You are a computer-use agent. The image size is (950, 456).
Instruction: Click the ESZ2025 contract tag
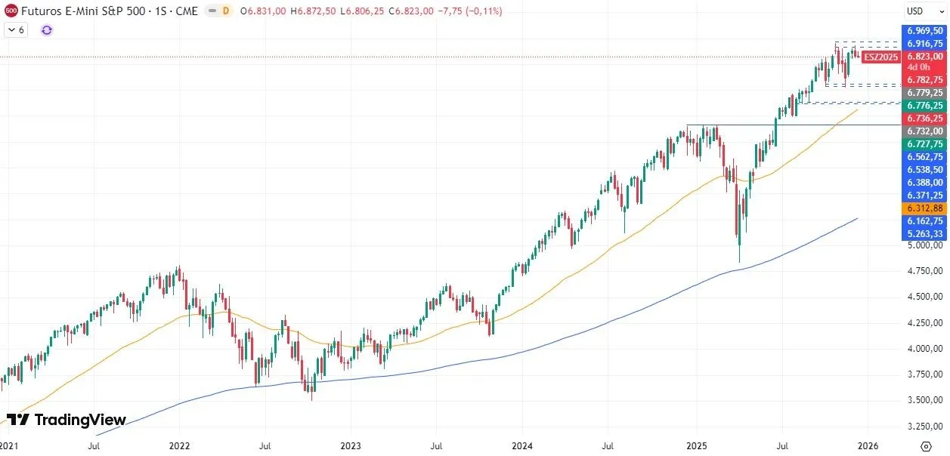coord(880,57)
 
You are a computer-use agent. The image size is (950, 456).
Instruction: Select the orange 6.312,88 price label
coord(925,208)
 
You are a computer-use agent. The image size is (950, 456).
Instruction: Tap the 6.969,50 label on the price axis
coord(925,31)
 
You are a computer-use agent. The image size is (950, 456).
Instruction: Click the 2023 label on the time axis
coord(350,445)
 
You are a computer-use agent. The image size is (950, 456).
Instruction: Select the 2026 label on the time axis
coord(867,445)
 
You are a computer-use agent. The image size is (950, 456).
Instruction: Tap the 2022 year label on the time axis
coord(179,445)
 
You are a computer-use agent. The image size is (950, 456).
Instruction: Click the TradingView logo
coord(66,420)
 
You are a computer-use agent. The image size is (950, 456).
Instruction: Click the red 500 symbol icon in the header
coord(11,11)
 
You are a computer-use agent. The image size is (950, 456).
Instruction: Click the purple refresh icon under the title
coord(47,30)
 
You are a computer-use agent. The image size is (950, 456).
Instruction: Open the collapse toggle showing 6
coord(16,30)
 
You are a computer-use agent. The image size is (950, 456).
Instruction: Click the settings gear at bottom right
coord(925,445)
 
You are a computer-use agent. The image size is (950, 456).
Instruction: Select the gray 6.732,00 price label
coord(925,131)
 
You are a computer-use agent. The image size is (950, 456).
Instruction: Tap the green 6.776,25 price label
coord(925,105)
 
